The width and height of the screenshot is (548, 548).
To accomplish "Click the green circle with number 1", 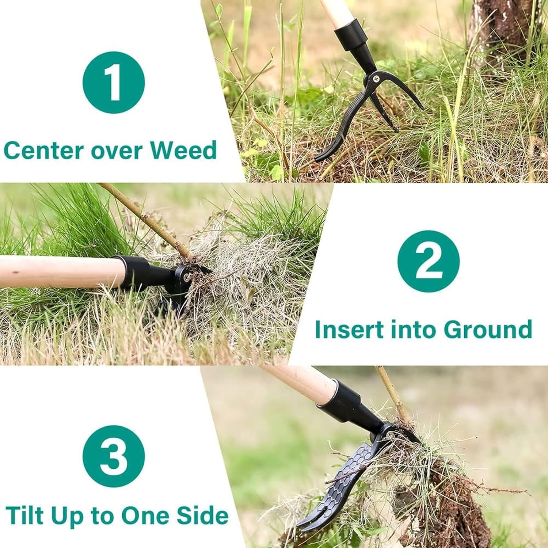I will pos(114,82).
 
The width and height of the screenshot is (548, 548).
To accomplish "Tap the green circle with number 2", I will pos(428,261).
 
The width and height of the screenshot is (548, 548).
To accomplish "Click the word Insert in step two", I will pos(349,329).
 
